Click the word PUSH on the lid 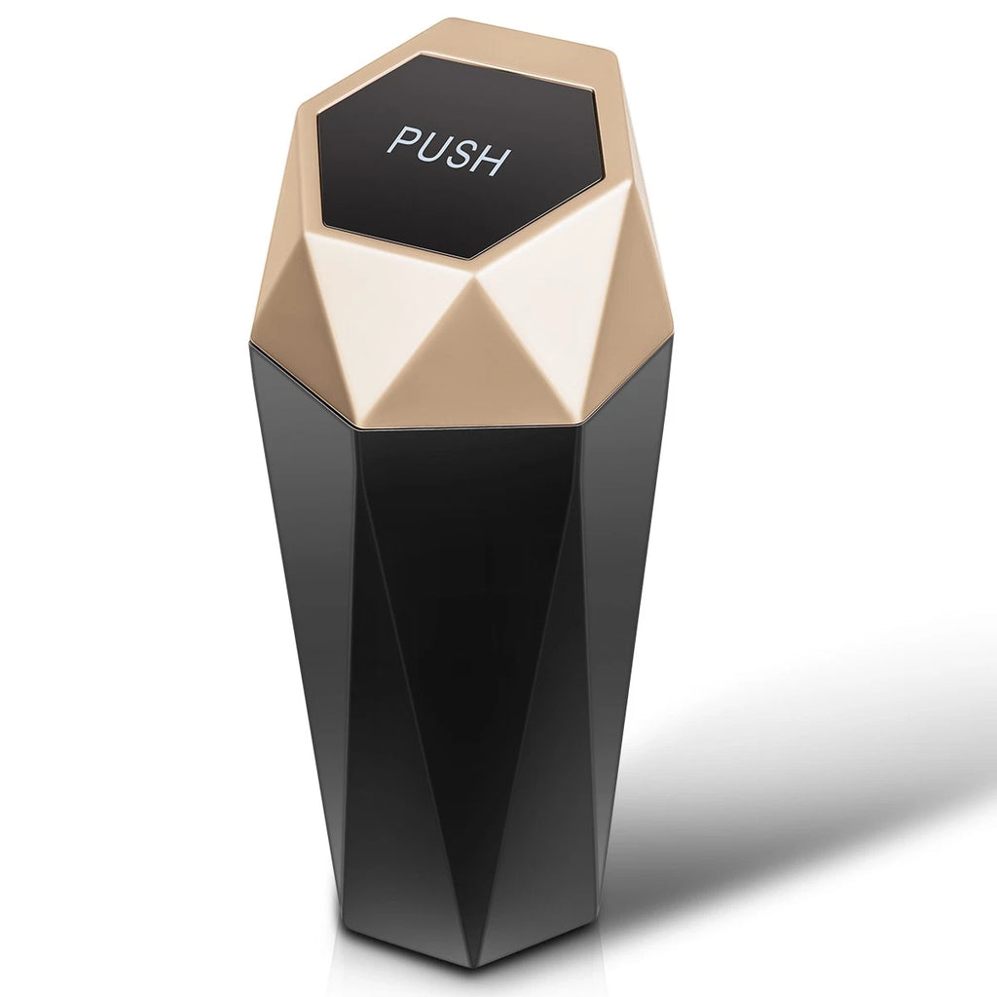coord(448,150)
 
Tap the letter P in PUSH coord(403,140)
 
